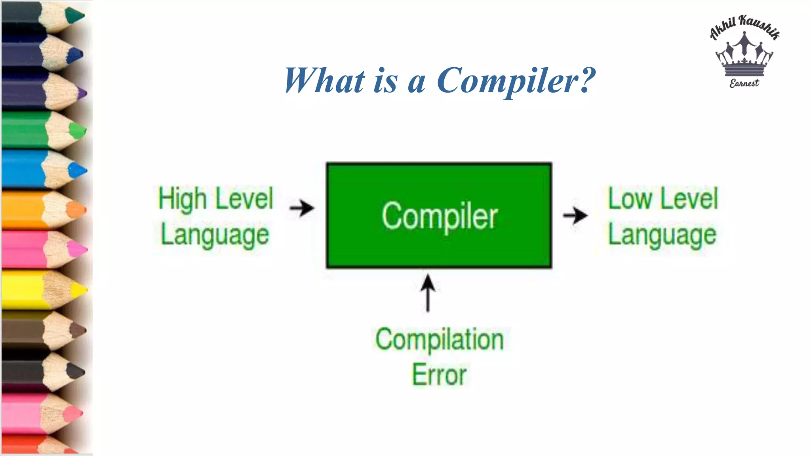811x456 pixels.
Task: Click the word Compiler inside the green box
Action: [x=440, y=217]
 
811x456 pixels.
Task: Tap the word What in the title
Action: [x=324, y=80]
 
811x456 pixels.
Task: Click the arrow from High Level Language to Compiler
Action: [x=302, y=208]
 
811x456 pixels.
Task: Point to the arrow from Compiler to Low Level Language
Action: [x=575, y=216]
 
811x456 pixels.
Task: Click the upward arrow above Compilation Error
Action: [x=428, y=293]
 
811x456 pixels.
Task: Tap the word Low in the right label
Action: [x=630, y=199]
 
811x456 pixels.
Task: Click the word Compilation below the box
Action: [x=440, y=340]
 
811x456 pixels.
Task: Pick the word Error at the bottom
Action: [x=440, y=374]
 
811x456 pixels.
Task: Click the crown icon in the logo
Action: [x=744, y=55]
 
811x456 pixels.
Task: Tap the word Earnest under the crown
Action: [x=744, y=83]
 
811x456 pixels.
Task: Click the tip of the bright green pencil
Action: [x=78, y=130]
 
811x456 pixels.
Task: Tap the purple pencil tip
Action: [x=82, y=94]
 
